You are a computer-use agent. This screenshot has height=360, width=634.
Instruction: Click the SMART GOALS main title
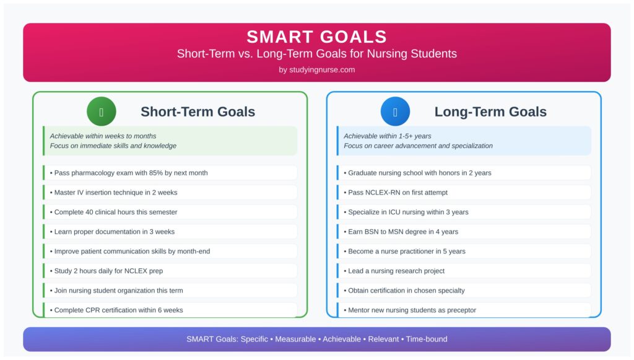[316, 37]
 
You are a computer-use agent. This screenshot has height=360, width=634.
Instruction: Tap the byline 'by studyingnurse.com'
[316, 70]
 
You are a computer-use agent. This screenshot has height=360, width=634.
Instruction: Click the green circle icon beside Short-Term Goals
[102, 112]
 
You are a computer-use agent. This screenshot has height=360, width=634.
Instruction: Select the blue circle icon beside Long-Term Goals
[395, 112]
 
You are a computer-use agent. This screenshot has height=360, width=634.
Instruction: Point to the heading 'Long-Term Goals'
[490, 112]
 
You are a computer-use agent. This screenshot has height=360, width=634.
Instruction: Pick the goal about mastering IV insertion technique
[116, 193]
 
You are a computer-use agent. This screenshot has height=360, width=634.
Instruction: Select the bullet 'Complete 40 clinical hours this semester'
[116, 213]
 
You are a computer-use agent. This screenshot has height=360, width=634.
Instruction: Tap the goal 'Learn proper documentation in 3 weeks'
[115, 232]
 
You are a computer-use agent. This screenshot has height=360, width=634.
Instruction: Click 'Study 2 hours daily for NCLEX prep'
[108, 271]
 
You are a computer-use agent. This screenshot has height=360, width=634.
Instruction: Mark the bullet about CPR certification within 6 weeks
[118, 310]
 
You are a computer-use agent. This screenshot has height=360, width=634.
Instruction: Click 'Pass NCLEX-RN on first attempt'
[398, 193]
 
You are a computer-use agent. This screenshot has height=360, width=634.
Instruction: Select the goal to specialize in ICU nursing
[408, 213]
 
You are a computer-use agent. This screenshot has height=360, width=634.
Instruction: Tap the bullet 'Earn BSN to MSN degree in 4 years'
[403, 232]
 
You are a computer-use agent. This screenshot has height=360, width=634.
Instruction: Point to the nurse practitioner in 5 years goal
[407, 252]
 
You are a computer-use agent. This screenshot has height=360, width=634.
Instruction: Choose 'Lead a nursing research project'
[396, 271]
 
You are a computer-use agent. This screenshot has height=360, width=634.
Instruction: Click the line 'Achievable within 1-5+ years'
[388, 136]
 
